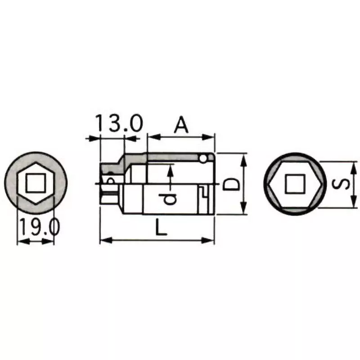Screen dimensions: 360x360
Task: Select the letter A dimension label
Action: click(x=181, y=125)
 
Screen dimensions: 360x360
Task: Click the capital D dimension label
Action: click(x=231, y=184)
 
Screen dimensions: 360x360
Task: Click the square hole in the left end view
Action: click(x=34, y=184)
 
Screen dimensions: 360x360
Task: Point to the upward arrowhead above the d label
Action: click(x=171, y=169)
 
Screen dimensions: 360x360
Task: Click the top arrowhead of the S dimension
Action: click(x=353, y=164)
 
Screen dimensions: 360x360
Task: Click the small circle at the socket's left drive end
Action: click(x=110, y=180)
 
